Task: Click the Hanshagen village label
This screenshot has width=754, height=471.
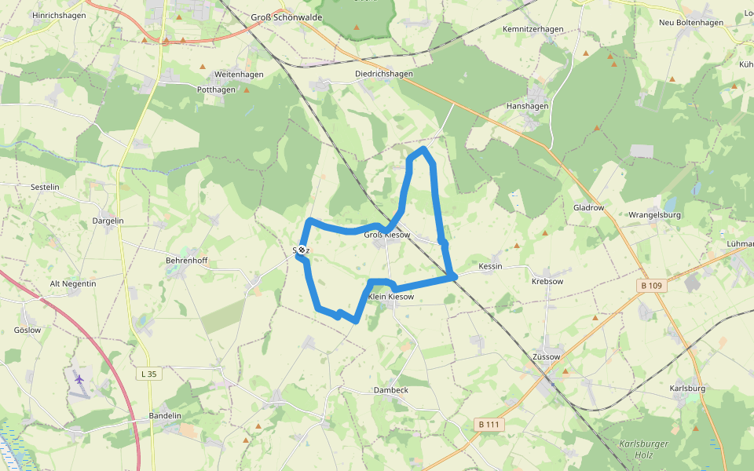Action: click(x=527, y=105)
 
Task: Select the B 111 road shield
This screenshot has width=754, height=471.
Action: click(x=489, y=425)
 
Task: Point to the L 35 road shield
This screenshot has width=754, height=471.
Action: click(x=146, y=374)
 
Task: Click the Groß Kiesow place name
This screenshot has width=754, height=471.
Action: click(x=387, y=235)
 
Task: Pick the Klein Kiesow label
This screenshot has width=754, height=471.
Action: click(x=390, y=297)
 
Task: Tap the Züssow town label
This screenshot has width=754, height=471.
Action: click(x=547, y=356)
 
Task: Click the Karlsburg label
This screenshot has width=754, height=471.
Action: click(x=688, y=389)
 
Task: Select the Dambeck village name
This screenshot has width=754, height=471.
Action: click(x=390, y=390)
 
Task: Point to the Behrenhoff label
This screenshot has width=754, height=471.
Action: click(x=186, y=260)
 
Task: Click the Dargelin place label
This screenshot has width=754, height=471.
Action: click(x=108, y=221)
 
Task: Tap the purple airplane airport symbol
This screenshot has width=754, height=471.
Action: click(x=79, y=379)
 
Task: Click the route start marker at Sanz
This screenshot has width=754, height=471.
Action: click(x=302, y=250)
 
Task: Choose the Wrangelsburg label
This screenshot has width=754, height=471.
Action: click(x=654, y=214)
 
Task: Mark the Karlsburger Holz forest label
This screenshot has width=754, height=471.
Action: click(x=643, y=448)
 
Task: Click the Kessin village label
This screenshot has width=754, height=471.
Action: click(x=490, y=267)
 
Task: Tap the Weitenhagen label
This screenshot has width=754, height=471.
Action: click(x=239, y=75)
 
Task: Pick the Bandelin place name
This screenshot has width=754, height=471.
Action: click(x=165, y=416)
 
